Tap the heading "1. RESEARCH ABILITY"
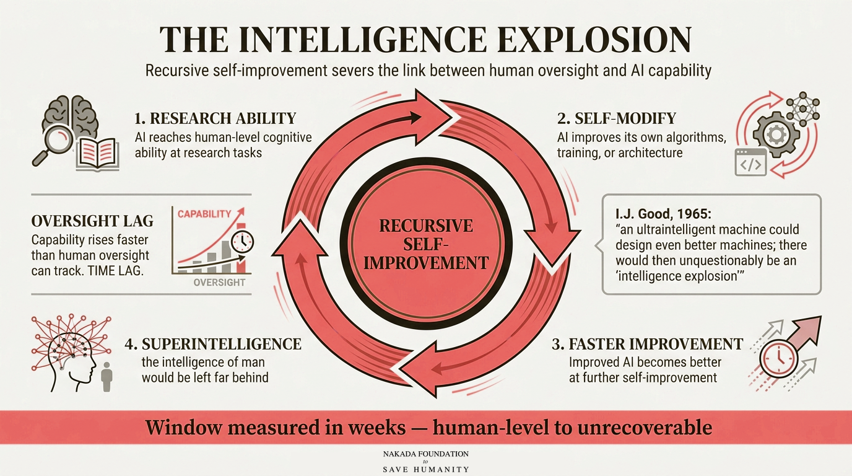click(215, 118)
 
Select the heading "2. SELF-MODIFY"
click(617, 118)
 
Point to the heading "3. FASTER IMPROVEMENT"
click(648, 344)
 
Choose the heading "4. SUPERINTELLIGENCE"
click(213, 344)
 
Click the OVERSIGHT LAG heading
click(92, 221)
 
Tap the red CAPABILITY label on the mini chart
click(204, 214)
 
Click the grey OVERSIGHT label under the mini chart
click(219, 283)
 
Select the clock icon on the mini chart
click(242, 241)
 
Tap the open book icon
click(97, 154)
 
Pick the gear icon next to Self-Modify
click(771, 134)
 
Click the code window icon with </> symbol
click(750, 162)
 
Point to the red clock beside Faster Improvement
click(778, 359)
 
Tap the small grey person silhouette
click(107, 377)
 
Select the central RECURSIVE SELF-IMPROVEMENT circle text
click(426, 244)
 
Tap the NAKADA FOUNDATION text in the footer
click(425, 454)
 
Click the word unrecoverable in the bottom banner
click(645, 428)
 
